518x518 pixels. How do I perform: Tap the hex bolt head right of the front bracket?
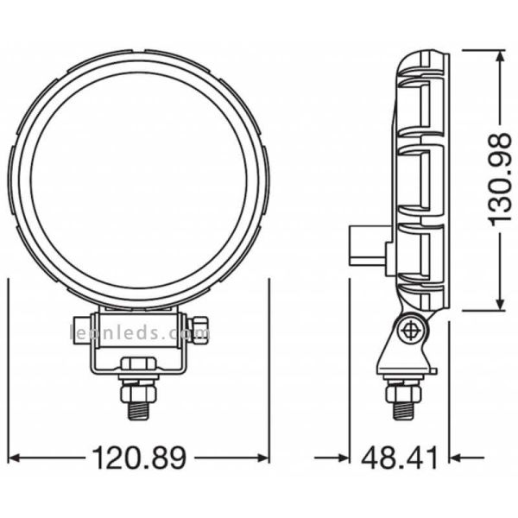(200, 332)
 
